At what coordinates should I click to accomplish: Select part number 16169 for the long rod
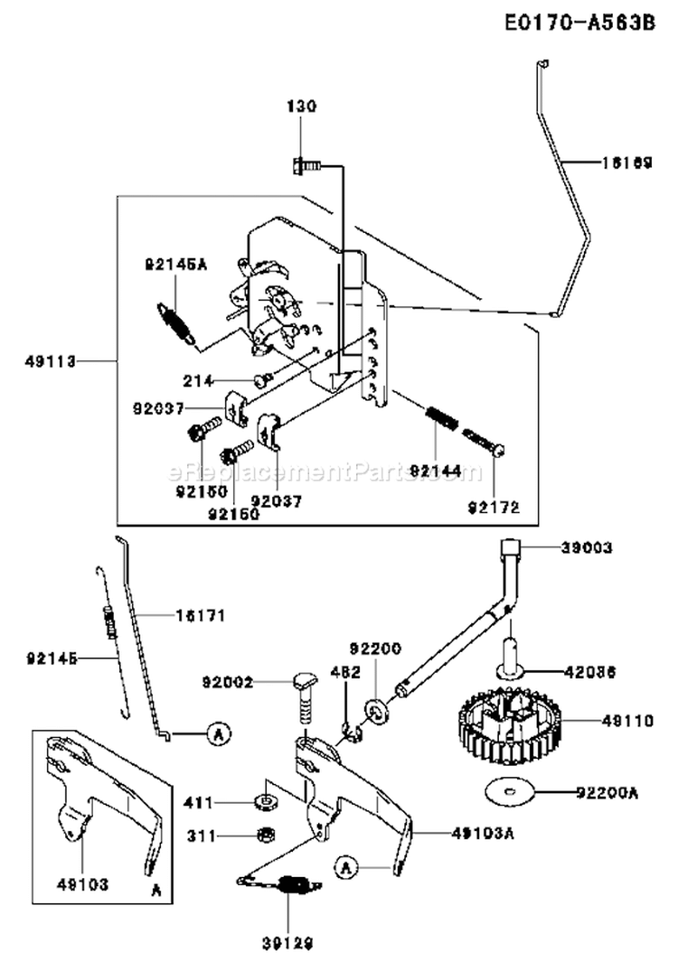(626, 163)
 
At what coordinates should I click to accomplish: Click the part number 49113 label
(51, 360)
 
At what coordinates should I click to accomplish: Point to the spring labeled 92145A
(176, 322)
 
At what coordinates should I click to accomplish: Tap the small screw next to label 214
(263, 379)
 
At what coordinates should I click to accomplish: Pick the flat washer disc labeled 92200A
(511, 792)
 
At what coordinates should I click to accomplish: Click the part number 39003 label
(587, 547)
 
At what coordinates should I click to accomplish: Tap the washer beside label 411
(268, 801)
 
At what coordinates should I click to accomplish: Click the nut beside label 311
(268, 835)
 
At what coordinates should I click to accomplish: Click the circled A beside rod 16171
(216, 735)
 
